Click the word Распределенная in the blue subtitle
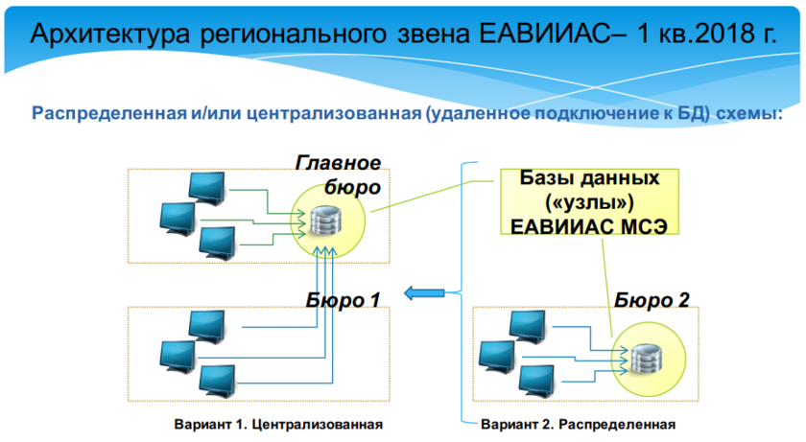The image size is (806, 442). tap(104, 113)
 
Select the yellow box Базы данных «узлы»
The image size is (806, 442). tap(589, 202)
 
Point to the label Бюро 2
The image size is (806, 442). tap(652, 300)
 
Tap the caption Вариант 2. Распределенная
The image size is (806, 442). tap(578, 424)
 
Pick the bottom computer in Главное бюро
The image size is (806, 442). tap(217, 241)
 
